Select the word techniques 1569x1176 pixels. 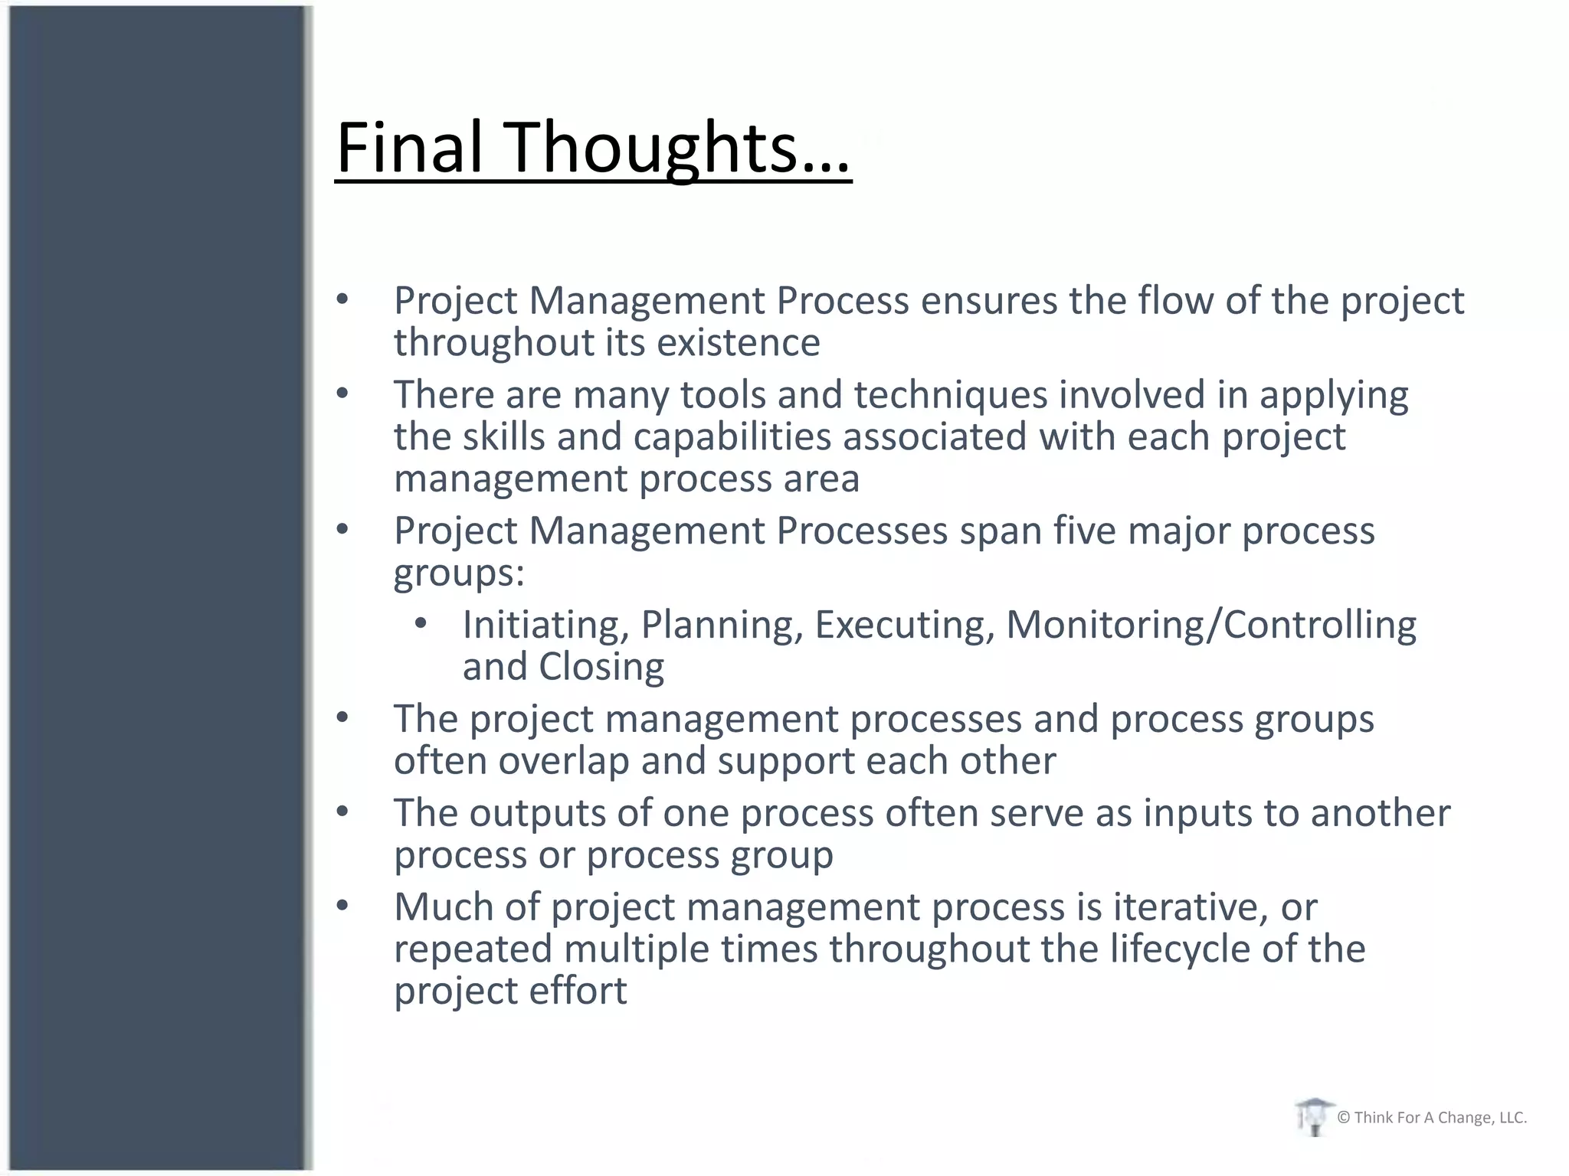tap(951, 396)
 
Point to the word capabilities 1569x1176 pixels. tap(732, 437)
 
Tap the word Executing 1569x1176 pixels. tap(904, 625)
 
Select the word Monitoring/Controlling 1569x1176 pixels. tap(1210, 625)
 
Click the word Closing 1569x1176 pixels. tap(601, 667)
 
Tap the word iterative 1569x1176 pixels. tap(1186, 907)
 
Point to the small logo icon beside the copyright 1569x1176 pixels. tap(1313, 1116)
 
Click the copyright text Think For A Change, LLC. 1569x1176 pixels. tap(1432, 1118)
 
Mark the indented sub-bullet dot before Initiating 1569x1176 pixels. tap(420, 624)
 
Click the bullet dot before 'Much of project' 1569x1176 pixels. tap(342, 906)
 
